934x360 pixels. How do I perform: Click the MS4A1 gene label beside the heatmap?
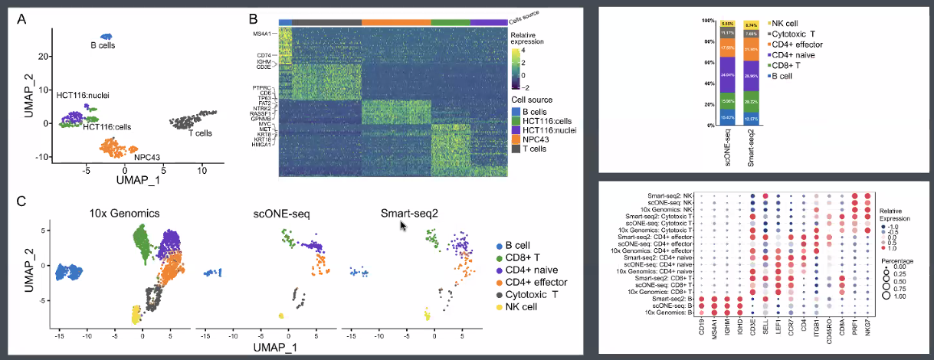pos(263,34)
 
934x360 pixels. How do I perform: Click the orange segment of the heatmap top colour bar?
pos(396,21)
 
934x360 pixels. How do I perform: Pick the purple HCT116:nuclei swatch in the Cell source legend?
pos(516,132)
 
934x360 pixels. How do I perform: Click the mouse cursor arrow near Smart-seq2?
pos(403,225)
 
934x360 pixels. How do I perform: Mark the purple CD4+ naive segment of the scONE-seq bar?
pos(728,75)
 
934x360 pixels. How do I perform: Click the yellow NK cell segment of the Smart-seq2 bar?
pos(752,25)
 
